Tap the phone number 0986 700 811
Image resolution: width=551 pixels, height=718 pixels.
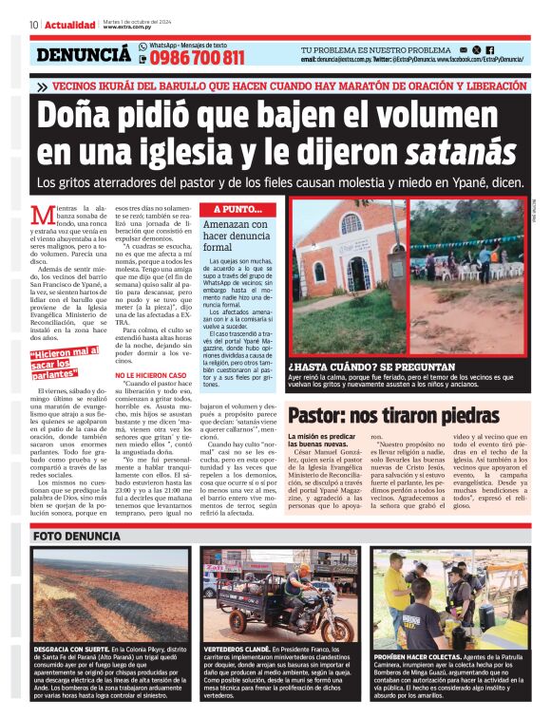(197, 58)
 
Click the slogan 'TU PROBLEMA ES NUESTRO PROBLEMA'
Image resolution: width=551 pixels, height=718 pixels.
(376, 49)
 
